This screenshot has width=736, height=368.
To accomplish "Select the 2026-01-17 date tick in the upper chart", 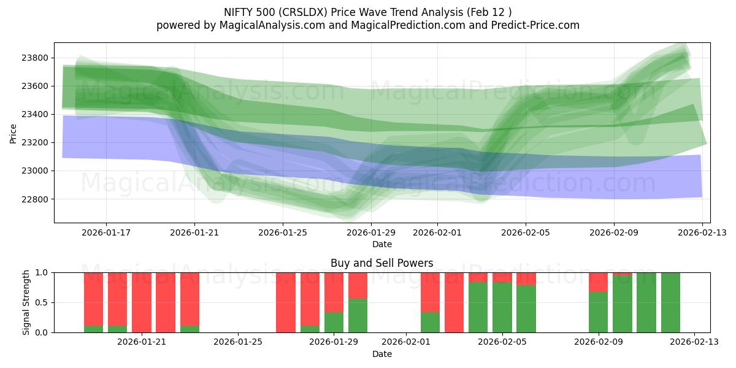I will (106, 232).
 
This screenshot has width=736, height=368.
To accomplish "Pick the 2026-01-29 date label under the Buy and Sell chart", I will (334, 342).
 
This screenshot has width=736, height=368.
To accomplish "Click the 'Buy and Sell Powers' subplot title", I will (381, 263).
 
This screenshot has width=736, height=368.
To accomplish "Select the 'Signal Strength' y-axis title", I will (26, 302).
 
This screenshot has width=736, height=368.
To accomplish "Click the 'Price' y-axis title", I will (13, 132).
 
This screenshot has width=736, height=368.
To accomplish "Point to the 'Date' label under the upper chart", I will (381, 244).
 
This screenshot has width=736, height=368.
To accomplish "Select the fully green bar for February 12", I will (670, 302).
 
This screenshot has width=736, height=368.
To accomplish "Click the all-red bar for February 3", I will (454, 302).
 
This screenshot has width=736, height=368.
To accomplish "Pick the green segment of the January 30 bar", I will (358, 315).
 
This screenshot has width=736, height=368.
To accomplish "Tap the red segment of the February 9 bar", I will (598, 282).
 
